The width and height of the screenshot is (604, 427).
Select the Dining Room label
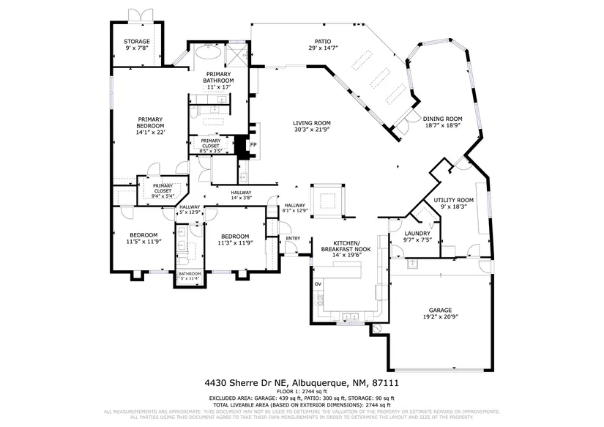[443, 122]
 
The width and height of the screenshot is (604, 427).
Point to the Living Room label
[312, 126]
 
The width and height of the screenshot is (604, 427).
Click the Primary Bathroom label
[218, 81]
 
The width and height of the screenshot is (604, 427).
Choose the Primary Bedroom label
[151, 126]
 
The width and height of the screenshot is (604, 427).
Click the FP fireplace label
[253, 144]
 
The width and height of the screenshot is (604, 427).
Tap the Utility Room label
[453, 204]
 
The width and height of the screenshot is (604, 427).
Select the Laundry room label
[417, 237]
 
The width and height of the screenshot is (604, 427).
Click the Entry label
[293, 238]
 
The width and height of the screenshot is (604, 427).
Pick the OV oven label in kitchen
[318, 283]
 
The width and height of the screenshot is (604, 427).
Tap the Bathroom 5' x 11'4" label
[189, 276]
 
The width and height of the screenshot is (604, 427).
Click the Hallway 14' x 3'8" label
[241, 196]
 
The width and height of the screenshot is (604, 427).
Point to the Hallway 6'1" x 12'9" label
[295, 208]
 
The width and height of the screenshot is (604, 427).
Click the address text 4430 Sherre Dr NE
[249, 383]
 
